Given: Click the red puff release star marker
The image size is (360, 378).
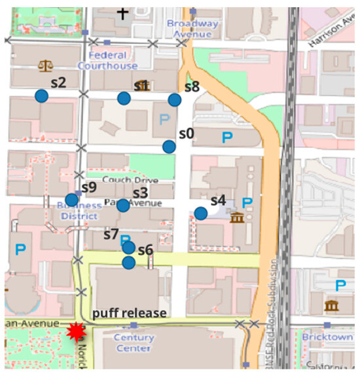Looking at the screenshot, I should pos(77,333).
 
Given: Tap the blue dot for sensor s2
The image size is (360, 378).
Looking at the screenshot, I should pos(41,96).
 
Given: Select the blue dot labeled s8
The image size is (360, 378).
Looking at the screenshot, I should pos(174,100).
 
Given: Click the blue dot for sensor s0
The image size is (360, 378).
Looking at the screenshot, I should pos(169,147).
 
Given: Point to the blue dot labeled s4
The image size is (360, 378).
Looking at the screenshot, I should pos(200,213).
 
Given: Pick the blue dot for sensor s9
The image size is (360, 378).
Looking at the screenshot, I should pos(71,200).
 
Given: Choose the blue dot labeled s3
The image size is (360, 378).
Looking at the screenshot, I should pos(123,205).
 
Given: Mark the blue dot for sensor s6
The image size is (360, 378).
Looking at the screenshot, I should pos(128,262).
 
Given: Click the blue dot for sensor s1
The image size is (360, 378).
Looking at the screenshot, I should pos(123,98).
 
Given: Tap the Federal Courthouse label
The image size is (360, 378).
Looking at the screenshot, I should pos(107,60).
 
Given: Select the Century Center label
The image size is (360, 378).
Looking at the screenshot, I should pos(134,343).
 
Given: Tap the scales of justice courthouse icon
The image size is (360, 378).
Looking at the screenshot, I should pos(46,66).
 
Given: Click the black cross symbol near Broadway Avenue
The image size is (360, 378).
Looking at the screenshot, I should pos(122,12).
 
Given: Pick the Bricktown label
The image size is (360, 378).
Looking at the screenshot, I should pos(327,336).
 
